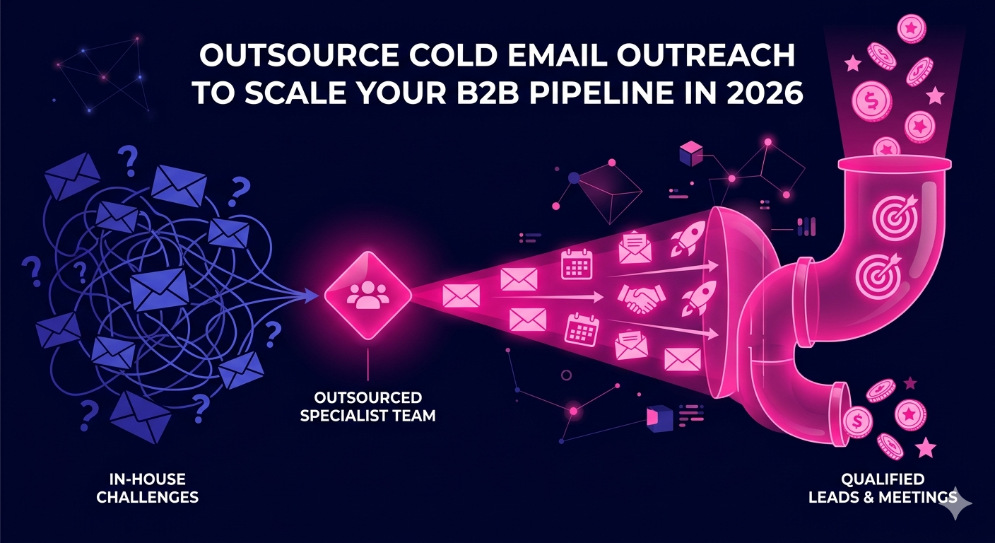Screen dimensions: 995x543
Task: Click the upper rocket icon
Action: (x=688, y=238)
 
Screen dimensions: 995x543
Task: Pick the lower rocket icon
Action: (x=699, y=297)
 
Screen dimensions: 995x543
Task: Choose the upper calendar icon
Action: (x=577, y=264)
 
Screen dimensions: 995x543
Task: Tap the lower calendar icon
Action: (x=582, y=329)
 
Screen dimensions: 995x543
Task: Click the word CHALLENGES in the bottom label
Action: (x=148, y=496)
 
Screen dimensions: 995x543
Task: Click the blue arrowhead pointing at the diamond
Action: (x=312, y=296)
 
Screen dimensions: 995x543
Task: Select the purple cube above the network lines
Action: (x=691, y=153)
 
